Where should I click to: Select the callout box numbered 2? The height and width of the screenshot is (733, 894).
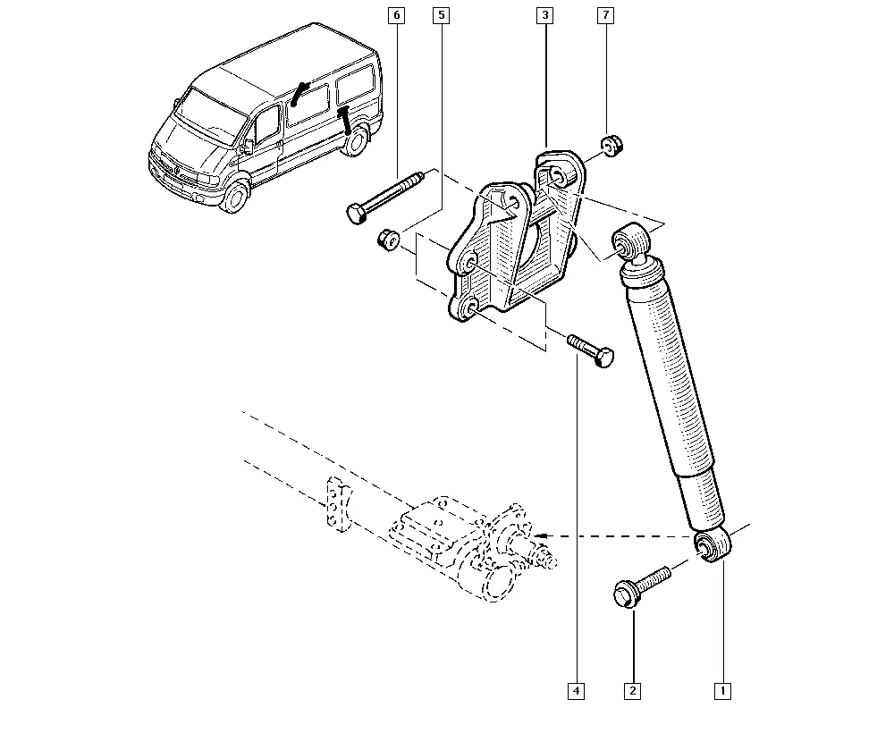coord(633,690)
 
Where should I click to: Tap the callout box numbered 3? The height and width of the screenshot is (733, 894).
coord(544,15)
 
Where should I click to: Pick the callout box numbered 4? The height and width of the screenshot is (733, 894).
coord(577,690)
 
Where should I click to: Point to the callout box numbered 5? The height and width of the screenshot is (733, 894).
coord(440,15)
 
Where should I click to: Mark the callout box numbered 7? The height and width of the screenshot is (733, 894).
coord(606,15)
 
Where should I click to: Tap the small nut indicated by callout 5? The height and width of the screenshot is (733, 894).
coord(387,239)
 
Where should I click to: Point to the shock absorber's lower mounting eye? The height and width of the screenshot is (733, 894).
coord(713,546)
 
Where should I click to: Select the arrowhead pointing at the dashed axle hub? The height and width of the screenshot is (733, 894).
coord(543,535)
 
